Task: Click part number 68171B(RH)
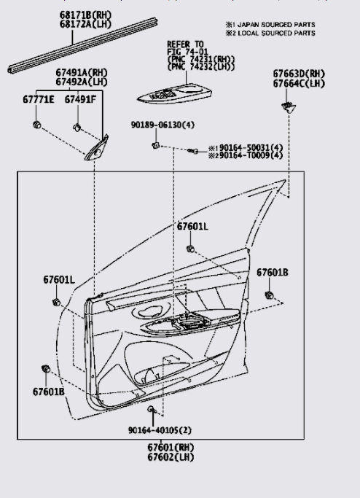(86, 15)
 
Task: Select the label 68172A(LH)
(86, 24)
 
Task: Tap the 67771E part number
(39, 99)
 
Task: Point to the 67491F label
(80, 99)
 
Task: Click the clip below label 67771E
(37, 125)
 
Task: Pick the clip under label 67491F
(77, 128)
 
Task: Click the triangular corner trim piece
(97, 149)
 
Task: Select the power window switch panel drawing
(175, 94)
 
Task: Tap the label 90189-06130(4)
(163, 125)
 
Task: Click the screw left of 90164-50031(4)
(192, 151)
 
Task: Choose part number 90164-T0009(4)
(251, 155)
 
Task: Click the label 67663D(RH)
(299, 74)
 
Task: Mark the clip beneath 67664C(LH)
(289, 107)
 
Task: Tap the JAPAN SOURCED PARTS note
(276, 25)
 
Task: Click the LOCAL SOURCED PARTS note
(276, 33)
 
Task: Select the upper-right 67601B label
(273, 273)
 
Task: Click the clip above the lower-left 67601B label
(46, 369)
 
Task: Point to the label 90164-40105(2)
(160, 430)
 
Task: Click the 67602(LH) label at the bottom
(171, 457)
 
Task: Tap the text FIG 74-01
(188, 52)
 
